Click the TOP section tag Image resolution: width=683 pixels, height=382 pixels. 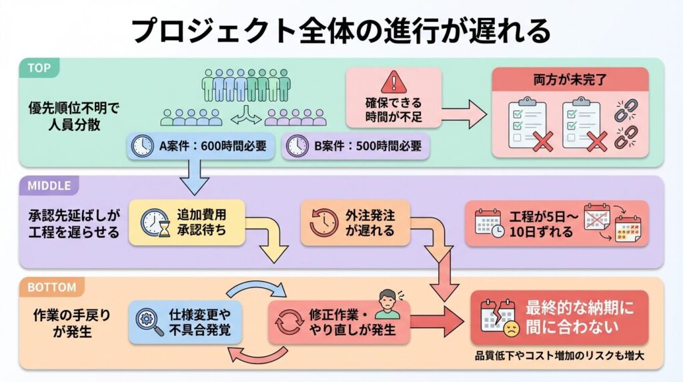[40, 67]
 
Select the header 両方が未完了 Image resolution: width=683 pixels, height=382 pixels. [569, 79]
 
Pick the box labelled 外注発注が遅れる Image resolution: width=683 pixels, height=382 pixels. [354, 223]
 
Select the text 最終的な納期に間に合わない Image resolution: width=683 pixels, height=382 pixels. [578, 317]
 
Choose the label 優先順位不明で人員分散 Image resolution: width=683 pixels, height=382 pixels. [65, 116]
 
